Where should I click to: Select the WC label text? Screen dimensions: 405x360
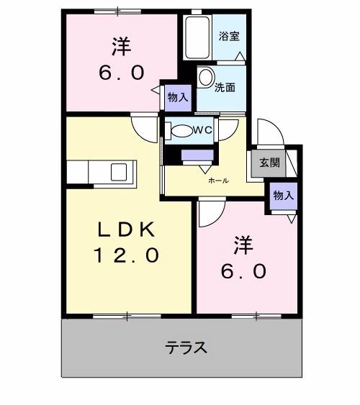(202, 130)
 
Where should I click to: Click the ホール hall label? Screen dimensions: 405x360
(218, 181)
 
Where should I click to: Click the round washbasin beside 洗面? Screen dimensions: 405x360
(205, 78)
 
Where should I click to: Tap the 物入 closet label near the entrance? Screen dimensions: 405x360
(283, 196)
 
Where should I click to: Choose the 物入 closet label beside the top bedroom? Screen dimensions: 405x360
(177, 97)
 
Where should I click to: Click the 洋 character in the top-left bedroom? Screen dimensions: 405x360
(121, 47)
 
